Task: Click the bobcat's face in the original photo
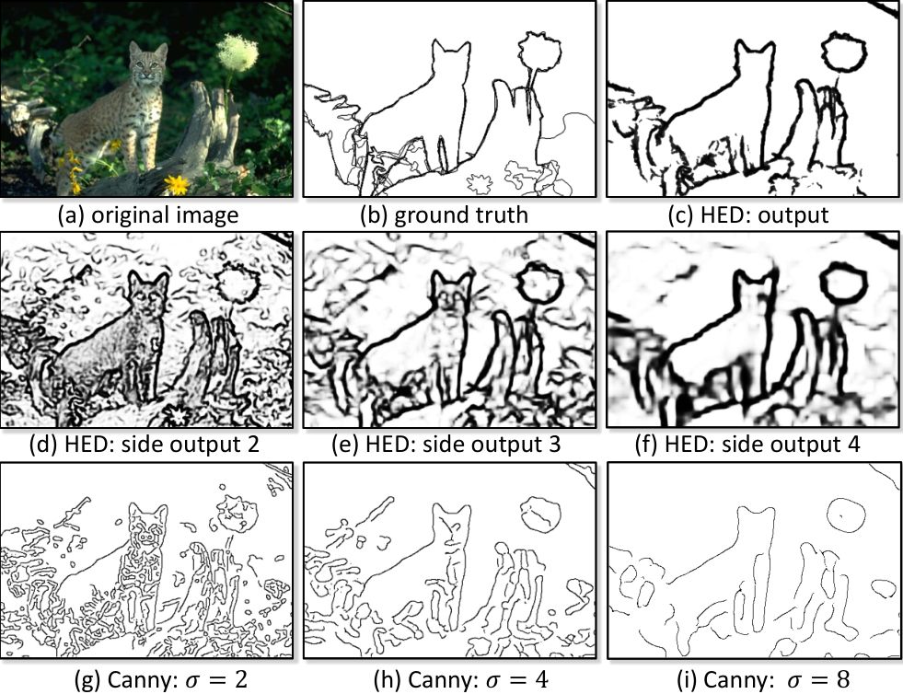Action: pyautogui.click(x=148, y=64)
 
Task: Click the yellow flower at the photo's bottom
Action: pyautogui.click(x=177, y=184)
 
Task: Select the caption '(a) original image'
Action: pyautogui.click(x=148, y=214)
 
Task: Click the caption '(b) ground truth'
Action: pyautogui.click(x=444, y=214)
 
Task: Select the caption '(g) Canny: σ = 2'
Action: pyautogui.click(x=161, y=679)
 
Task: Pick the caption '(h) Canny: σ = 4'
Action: pyautogui.click(x=461, y=679)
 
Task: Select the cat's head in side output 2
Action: pyautogui.click(x=148, y=295)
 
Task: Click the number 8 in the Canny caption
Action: pyautogui.click(x=843, y=679)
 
